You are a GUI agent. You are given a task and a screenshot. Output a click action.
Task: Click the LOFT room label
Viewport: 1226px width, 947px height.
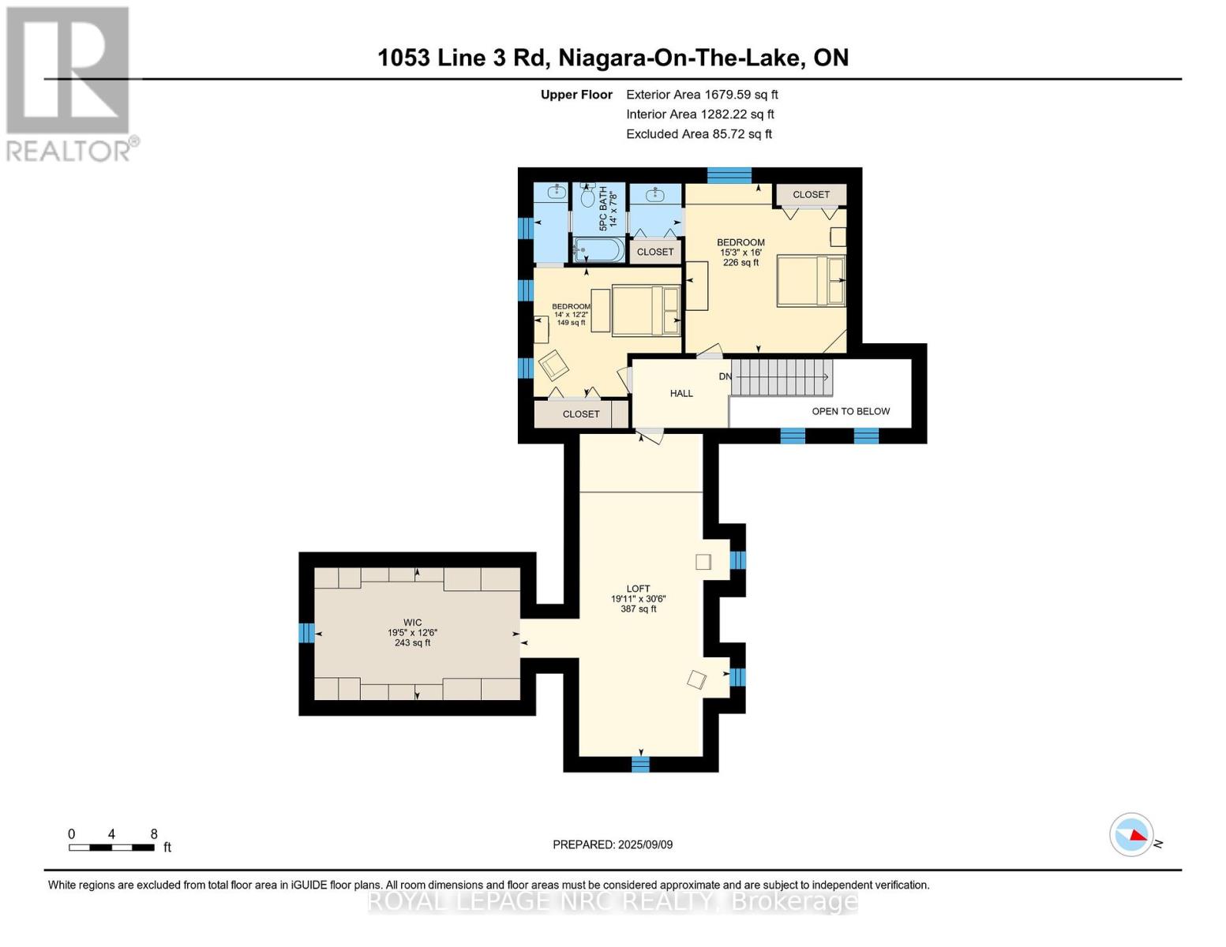tap(638, 588)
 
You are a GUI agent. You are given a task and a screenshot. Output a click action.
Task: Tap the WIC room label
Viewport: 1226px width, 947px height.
tap(412, 622)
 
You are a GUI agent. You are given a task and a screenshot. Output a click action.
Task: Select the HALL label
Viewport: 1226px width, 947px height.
tap(681, 393)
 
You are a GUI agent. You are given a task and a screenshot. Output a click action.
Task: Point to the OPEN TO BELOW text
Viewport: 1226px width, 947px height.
tap(850, 411)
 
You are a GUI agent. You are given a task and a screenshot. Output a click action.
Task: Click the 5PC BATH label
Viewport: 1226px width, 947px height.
tap(603, 208)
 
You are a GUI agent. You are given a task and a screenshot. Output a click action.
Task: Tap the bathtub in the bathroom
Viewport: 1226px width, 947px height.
tap(598, 249)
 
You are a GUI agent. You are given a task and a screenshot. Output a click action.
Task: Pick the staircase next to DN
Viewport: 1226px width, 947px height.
tap(782, 376)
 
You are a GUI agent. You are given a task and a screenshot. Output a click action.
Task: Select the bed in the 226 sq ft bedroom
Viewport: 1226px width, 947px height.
tap(812, 281)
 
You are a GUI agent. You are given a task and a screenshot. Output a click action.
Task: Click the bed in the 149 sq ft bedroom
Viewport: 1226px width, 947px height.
tap(647, 311)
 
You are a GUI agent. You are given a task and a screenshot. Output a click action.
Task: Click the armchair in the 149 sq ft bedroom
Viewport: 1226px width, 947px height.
tap(553, 365)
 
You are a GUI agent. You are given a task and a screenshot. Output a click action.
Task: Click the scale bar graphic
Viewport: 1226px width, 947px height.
tap(112, 847)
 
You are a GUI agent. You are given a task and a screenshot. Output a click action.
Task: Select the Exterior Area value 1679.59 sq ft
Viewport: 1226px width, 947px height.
tap(740, 95)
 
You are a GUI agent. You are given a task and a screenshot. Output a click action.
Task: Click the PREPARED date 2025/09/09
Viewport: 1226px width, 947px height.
tap(645, 844)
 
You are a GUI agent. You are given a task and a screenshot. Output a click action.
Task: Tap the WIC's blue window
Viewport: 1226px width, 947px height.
tap(306, 633)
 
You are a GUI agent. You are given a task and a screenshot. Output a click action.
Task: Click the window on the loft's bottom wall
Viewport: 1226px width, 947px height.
tap(640, 764)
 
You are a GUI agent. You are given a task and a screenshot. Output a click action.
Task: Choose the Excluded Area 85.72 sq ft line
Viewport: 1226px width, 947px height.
tap(699, 134)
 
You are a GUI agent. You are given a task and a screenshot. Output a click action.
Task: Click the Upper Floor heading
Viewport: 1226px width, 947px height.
tap(576, 95)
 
